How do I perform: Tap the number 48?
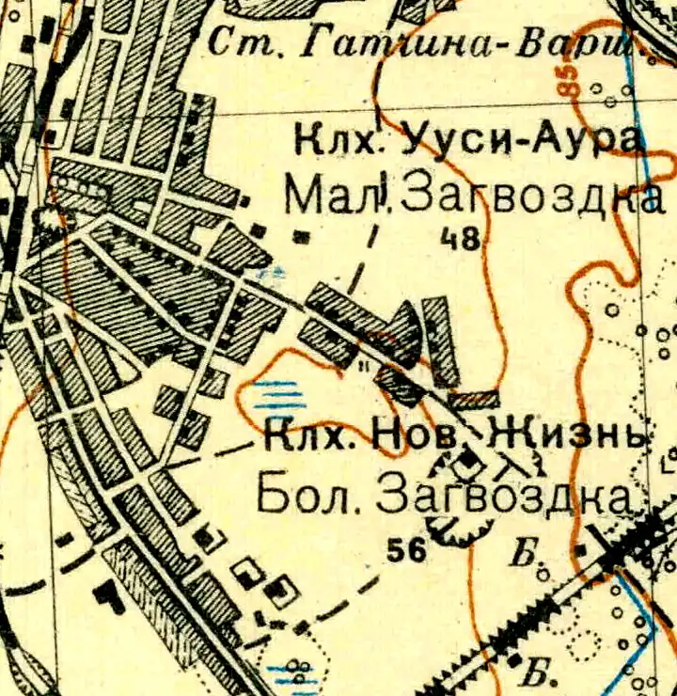pyautogui.click(x=462, y=240)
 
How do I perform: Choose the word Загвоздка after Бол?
pyautogui.click(x=503, y=496)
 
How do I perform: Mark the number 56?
pyautogui.click(x=405, y=551)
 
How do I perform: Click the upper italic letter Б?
pyautogui.click(x=523, y=554)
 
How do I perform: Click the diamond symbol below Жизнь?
pyautogui.click(x=467, y=462)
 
